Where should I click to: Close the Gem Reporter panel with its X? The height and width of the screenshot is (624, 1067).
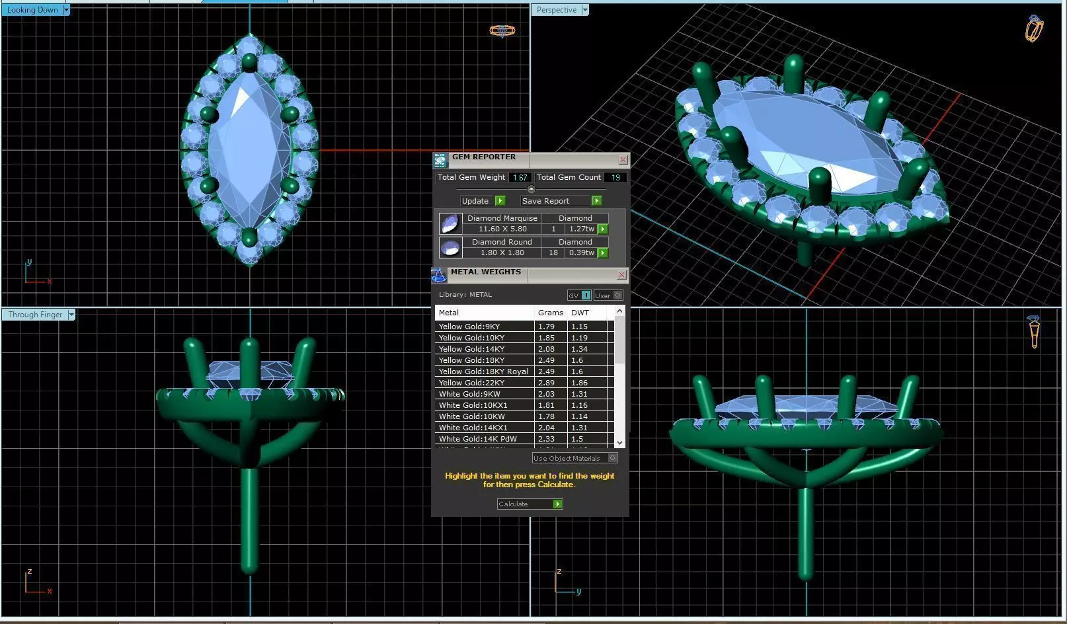click(x=623, y=160)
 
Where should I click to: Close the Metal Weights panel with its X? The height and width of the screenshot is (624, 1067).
click(x=621, y=275)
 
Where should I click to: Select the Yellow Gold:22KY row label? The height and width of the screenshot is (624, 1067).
click(x=471, y=383)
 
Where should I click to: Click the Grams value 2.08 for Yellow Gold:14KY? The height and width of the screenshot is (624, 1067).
click(x=546, y=349)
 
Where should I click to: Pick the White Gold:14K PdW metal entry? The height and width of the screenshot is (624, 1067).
click(x=477, y=439)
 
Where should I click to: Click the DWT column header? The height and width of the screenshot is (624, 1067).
click(x=580, y=313)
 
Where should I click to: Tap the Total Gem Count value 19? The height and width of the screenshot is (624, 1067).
click(x=615, y=178)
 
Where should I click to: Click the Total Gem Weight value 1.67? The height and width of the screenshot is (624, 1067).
click(x=520, y=178)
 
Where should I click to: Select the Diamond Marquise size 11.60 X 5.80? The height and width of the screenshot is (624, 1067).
click(x=502, y=229)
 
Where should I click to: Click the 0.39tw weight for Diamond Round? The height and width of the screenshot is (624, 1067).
click(x=581, y=253)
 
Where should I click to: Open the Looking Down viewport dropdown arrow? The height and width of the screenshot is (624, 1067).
click(x=66, y=10)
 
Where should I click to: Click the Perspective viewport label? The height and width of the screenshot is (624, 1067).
click(x=556, y=10)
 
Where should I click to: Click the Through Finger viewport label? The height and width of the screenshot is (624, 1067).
click(x=35, y=315)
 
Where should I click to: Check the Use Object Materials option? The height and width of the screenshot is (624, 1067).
click(x=613, y=458)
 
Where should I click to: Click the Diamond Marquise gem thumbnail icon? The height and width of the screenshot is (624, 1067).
click(x=450, y=224)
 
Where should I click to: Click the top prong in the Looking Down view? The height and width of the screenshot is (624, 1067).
click(x=249, y=63)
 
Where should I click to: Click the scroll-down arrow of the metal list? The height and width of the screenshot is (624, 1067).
click(x=619, y=443)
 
